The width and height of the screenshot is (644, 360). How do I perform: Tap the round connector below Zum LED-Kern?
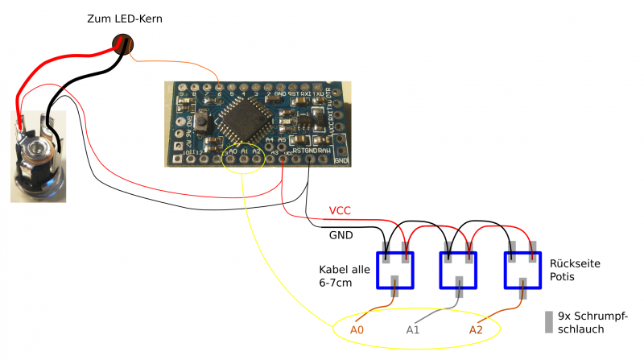point(123,44)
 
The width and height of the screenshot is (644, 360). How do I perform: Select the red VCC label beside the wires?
point(340,211)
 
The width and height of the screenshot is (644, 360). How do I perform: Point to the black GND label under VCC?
point(341,235)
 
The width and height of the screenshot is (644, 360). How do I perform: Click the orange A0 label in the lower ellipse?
point(357,329)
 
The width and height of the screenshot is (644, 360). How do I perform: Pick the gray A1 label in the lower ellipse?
point(413,329)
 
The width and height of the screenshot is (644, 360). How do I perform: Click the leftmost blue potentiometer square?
point(394,270)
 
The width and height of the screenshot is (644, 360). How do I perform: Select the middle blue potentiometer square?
point(458,270)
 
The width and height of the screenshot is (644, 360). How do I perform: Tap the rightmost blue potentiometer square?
point(522,270)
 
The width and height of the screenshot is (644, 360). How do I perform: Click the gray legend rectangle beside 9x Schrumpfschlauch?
point(549,321)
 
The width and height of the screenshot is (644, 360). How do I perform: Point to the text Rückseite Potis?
point(575,271)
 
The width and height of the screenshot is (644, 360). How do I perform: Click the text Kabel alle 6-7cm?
point(344,275)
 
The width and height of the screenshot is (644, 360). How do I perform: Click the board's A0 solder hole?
point(233,159)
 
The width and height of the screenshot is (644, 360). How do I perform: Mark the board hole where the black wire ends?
point(310,159)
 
